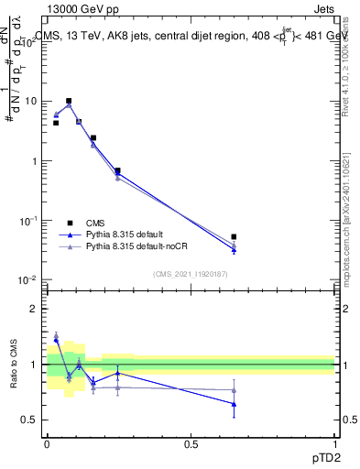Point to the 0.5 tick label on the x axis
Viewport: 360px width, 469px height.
(x=191, y=444)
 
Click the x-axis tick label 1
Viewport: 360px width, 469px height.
(x=334, y=444)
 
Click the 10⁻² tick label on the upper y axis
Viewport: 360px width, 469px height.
(x=29, y=280)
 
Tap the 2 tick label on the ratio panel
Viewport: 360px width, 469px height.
(x=35, y=309)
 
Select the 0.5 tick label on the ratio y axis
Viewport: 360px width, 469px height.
(x=31, y=420)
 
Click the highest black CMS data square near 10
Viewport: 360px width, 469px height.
(x=69, y=101)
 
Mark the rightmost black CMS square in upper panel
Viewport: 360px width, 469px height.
(x=235, y=236)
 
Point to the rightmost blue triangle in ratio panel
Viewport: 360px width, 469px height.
(x=235, y=404)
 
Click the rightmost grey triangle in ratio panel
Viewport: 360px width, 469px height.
(x=235, y=390)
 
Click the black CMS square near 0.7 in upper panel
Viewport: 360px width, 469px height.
(x=118, y=170)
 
